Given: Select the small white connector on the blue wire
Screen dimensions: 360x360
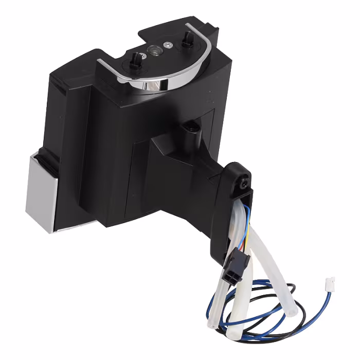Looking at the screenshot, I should tap(331, 282).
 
